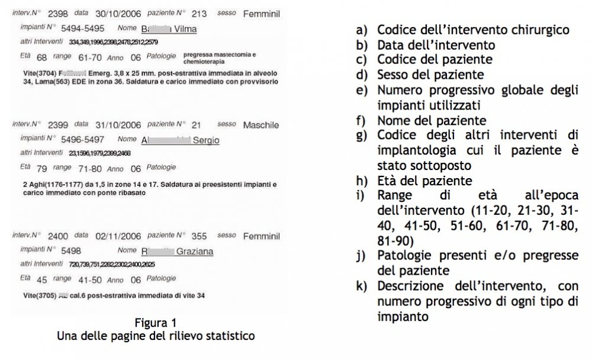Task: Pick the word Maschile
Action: click(260, 125)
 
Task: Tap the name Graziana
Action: click(196, 251)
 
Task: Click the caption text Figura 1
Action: click(155, 323)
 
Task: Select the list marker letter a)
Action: click(361, 30)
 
